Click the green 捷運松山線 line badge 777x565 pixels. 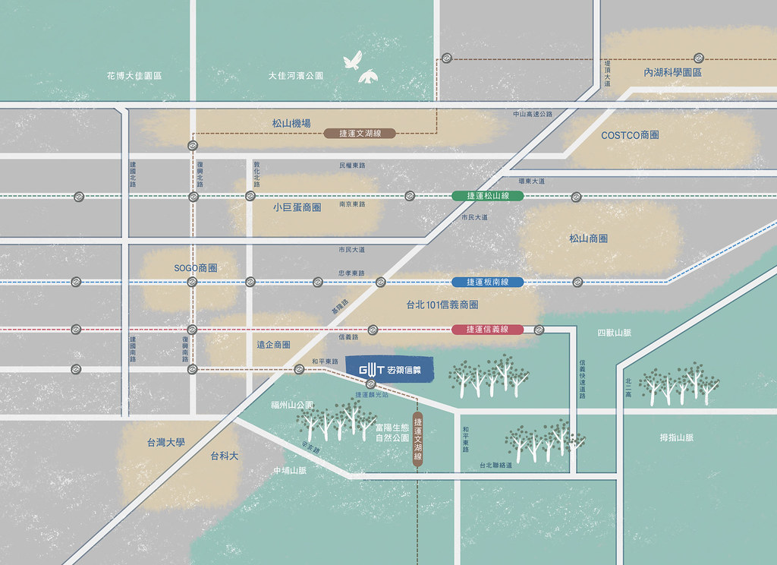487,196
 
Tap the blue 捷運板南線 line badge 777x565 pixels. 487,282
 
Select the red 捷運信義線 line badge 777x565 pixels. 487,330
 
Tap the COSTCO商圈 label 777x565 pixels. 630,135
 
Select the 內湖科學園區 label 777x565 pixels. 672,73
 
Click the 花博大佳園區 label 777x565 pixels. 135,76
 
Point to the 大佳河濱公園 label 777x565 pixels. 296,76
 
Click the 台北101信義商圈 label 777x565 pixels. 442,305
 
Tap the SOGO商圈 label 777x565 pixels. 196,268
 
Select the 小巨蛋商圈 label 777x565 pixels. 297,207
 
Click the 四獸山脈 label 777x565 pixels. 614,333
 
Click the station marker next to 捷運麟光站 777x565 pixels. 371,385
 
